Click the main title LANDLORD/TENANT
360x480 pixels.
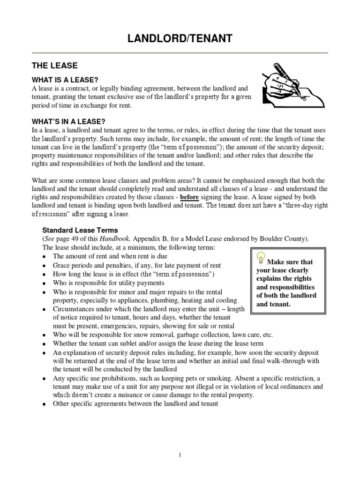pyautogui.click(x=180, y=38)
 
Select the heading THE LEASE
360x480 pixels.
pyautogui.click(x=54, y=66)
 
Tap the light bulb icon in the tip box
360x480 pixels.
pyautogui.click(x=261, y=259)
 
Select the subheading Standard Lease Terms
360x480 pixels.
pyautogui.click(x=80, y=230)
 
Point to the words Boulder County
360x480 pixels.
pyautogui.click(x=281, y=238)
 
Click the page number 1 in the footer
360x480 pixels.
pyautogui.click(x=180, y=454)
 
